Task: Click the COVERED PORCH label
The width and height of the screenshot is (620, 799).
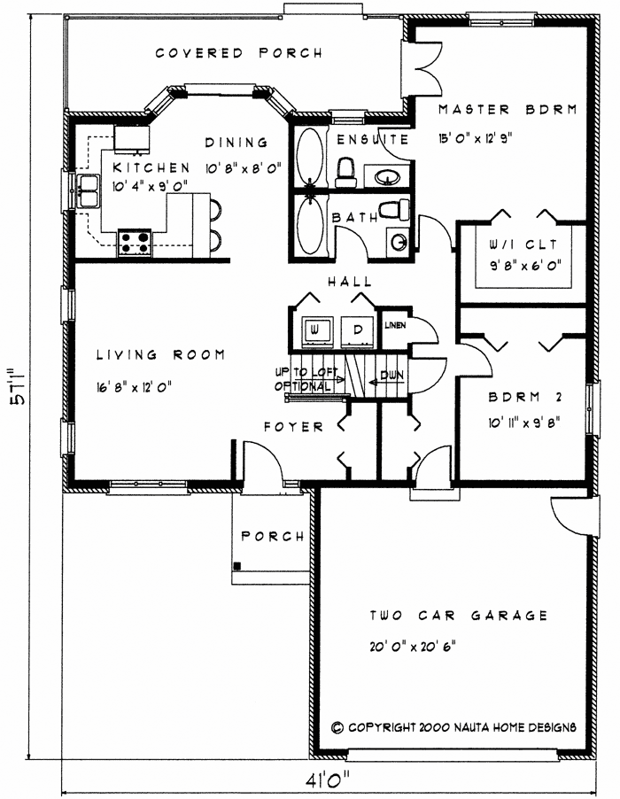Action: pyautogui.click(x=239, y=53)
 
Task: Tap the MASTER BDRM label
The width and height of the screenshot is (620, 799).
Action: pyautogui.click(x=508, y=110)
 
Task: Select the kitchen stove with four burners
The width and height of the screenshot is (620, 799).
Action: pyautogui.click(x=134, y=240)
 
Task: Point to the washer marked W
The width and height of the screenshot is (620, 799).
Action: pyautogui.click(x=314, y=330)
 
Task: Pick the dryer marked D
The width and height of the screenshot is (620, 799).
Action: pyautogui.click(x=358, y=330)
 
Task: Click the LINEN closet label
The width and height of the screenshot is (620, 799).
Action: pyautogui.click(x=394, y=325)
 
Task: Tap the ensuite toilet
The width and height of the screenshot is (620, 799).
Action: pyautogui.click(x=345, y=168)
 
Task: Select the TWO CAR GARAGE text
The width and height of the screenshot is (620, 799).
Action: pyautogui.click(x=458, y=616)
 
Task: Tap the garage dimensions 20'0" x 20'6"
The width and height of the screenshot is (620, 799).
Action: pyautogui.click(x=414, y=645)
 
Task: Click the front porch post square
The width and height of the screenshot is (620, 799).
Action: pyautogui.click(x=236, y=565)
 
